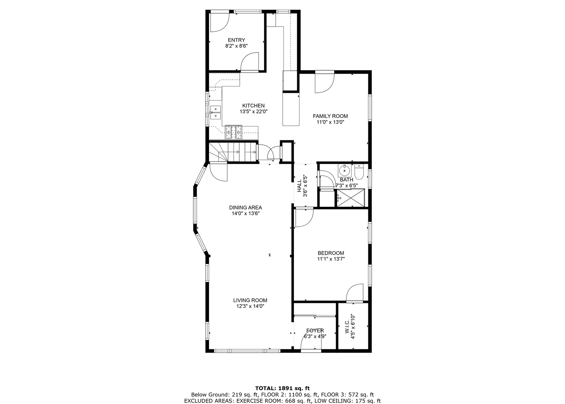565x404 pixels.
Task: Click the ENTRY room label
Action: tap(236, 40)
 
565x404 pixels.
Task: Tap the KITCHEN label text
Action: tap(253, 106)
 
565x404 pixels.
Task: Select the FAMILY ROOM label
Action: tap(330, 116)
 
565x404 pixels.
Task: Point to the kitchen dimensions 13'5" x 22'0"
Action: tap(253, 111)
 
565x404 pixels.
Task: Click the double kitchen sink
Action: tap(215, 112)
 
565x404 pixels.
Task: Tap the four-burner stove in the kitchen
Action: tap(234, 132)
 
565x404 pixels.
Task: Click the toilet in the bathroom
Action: tap(359, 172)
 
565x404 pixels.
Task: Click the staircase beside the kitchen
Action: tap(233, 152)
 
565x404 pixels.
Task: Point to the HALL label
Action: tap(300, 186)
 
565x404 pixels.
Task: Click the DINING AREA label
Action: tap(245, 208)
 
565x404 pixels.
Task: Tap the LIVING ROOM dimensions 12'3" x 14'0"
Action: tap(250, 306)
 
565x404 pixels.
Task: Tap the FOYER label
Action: tap(315, 331)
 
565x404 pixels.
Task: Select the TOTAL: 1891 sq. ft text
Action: tap(283, 388)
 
